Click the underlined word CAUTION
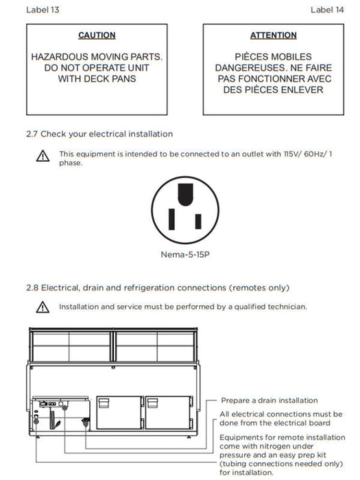click(x=97, y=35)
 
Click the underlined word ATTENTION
click(x=274, y=35)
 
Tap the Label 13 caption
click(x=43, y=10)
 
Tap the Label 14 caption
click(x=327, y=10)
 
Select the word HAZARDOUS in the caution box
click(x=60, y=57)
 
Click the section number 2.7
click(x=32, y=134)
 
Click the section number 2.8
click(x=32, y=288)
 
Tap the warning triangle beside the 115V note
click(x=43, y=156)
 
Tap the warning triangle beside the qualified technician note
click(x=43, y=307)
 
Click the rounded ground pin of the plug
click(x=185, y=194)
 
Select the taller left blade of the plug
click(x=171, y=219)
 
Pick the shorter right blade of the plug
click(x=198, y=221)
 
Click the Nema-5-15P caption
click(x=185, y=254)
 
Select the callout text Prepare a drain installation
click(x=269, y=400)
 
